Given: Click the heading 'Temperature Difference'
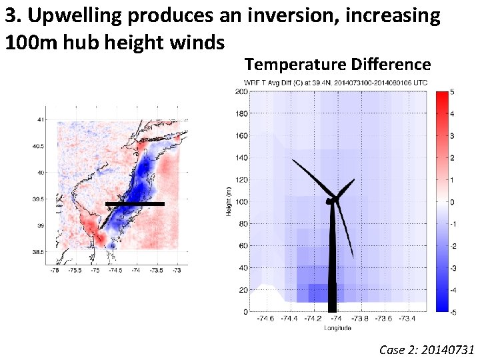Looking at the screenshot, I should (x=337, y=65).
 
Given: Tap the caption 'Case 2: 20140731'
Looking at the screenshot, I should (x=426, y=349).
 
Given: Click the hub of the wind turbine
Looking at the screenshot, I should (x=331, y=200).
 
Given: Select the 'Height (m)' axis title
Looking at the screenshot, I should (x=228, y=201).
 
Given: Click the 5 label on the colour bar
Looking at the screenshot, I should (x=453, y=92).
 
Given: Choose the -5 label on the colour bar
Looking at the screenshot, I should (x=453, y=311).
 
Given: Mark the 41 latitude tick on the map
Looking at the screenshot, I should (x=42, y=119).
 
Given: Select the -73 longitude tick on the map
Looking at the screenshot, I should (x=177, y=270).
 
